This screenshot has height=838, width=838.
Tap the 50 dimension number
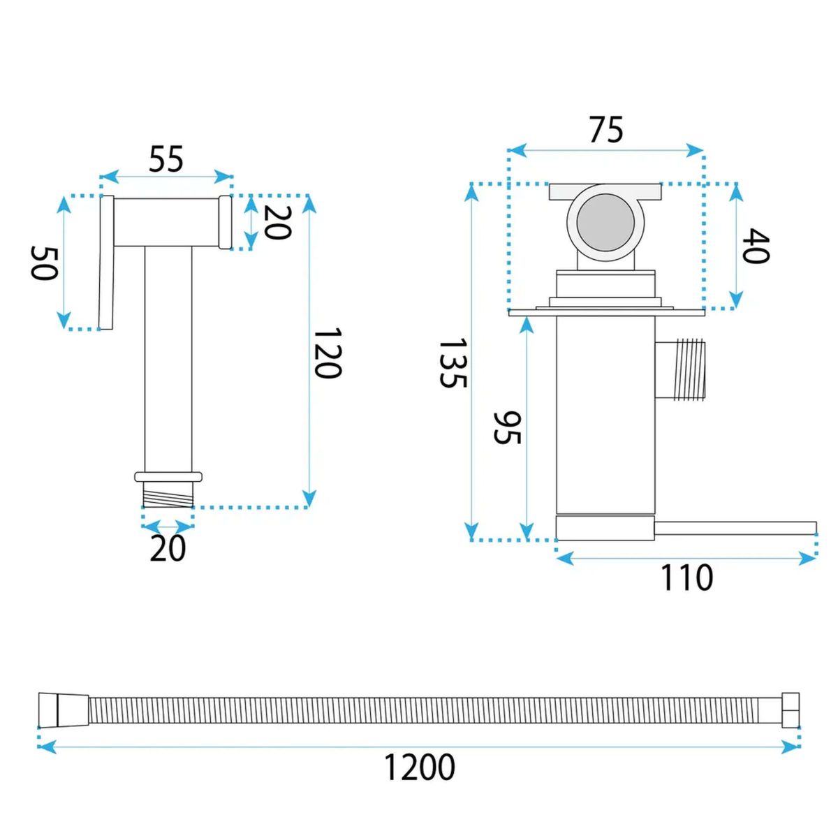tap(44, 263)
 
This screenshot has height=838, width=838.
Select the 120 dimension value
tap(328, 353)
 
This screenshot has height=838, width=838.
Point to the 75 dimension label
tap(606, 129)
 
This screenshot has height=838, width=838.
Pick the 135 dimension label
tap(453, 363)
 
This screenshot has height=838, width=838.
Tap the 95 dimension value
tap(507, 427)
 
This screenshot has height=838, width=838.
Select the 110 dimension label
tap(686, 578)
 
